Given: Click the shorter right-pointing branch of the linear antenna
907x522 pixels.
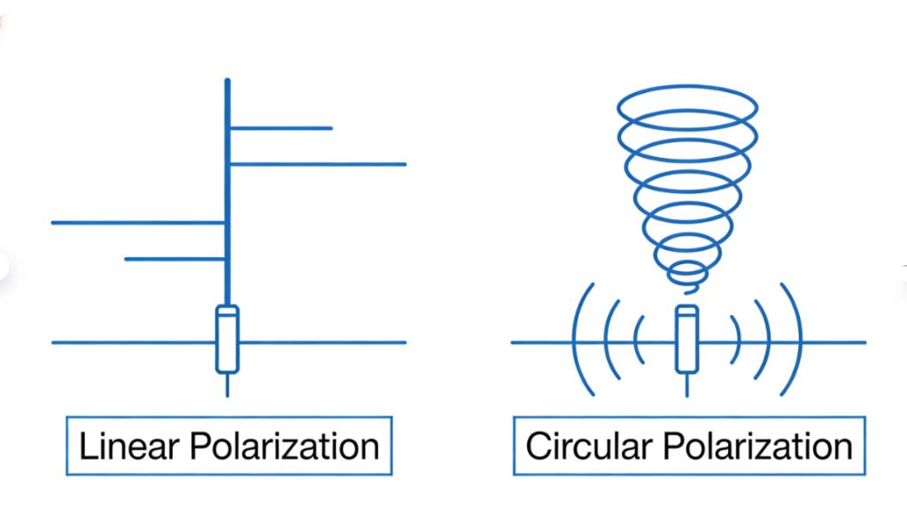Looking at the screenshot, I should [281, 129].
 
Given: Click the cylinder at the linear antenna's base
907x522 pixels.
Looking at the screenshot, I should [228, 339].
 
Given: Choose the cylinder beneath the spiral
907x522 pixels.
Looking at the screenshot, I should [687, 339].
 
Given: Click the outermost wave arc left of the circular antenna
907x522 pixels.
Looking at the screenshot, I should [578, 341].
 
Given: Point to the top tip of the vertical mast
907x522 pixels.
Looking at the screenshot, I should [228, 82].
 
